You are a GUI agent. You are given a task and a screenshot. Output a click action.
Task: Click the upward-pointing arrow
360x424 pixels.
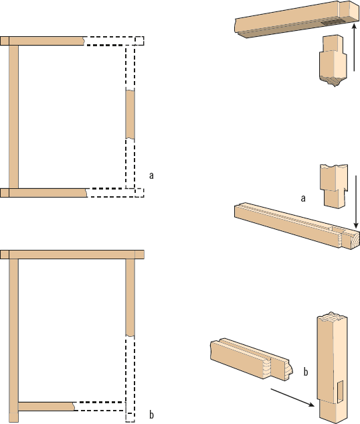354,48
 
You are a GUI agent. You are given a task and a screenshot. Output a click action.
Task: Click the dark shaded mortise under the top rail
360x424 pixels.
333,23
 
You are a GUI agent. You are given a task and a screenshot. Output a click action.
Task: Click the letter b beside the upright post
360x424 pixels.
306,372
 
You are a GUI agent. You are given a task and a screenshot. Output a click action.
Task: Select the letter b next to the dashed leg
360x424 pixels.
151,415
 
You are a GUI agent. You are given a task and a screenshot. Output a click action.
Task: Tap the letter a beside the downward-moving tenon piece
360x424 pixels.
303,198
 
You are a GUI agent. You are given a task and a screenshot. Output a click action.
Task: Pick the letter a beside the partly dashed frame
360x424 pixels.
151,175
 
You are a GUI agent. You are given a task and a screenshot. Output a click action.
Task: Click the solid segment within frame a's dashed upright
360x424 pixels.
130,115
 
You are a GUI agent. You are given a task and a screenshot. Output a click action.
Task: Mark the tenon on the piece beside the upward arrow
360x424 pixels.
333,44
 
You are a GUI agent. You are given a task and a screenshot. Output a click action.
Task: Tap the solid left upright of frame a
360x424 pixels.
14,117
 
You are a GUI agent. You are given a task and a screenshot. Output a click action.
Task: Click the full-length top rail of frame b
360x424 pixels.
72,255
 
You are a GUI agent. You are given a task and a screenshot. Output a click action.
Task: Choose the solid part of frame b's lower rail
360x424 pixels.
46,407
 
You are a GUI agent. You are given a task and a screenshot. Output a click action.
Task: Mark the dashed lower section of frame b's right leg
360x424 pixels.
130,379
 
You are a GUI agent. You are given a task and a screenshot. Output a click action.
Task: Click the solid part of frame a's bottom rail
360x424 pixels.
43,193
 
